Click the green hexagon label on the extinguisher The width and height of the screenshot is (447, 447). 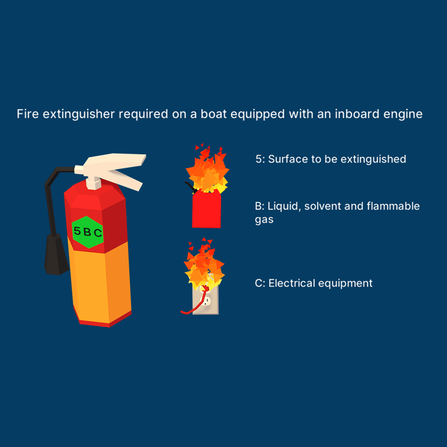[x=88, y=232]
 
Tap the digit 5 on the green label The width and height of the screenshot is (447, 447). [x=77, y=230]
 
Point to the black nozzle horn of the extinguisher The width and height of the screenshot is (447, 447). [x=56, y=254]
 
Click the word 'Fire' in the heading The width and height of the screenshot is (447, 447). [x=27, y=114]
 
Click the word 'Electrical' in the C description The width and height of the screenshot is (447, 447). [x=291, y=283]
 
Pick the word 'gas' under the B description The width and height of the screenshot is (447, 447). [x=264, y=220]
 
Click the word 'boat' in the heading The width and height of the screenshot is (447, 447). [x=213, y=114]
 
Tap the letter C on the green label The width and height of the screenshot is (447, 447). [x=98, y=233]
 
